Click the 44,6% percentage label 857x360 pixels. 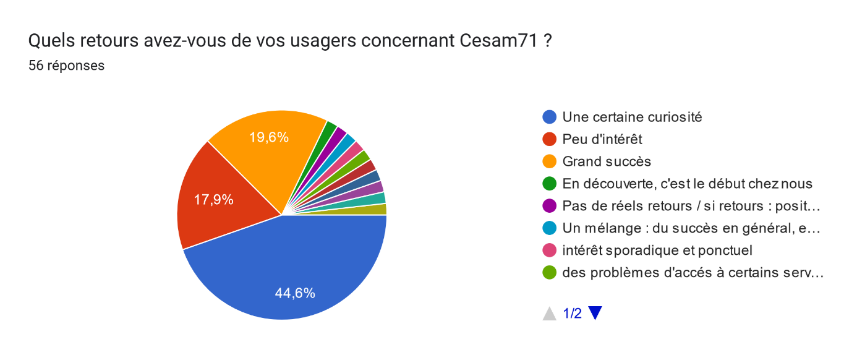coord(295,293)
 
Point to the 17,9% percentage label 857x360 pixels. coord(213,200)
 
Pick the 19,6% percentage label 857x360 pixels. coord(269,137)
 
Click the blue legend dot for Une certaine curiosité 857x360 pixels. coord(548,117)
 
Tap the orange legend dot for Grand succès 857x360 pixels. coord(548,161)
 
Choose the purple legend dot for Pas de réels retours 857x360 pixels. coord(548,206)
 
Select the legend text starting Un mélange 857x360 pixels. coord(691,228)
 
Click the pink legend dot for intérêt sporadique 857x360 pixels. coord(548,251)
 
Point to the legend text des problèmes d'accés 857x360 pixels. coord(693,273)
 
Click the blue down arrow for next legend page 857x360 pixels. coord(595,314)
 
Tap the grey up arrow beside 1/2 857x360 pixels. coord(549,314)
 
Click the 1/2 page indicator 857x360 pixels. coord(572,314)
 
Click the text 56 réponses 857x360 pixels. coord(66,65)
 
